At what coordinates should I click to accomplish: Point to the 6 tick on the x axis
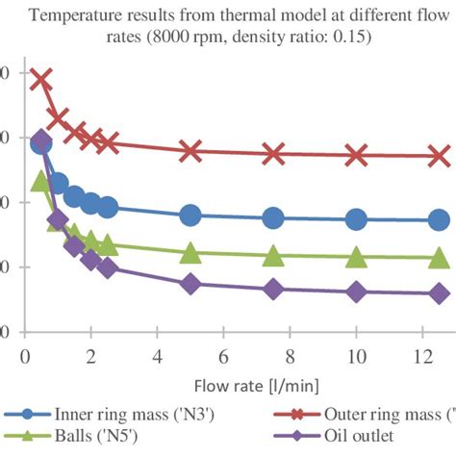(223, 356)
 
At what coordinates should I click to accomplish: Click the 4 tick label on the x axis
(157, 356)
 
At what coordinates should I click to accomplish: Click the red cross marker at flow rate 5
(190, 150)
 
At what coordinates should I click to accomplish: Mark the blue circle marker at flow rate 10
(357, 219)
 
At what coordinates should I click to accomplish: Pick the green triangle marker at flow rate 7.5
(273, 256)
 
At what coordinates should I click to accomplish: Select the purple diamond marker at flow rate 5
(190, 284)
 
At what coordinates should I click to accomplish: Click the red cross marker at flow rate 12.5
(440, 155)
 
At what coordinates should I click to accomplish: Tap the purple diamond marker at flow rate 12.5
(440, 293)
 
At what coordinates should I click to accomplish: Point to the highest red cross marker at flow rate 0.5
(41, 79)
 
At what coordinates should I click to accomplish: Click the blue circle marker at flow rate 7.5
(273, 218)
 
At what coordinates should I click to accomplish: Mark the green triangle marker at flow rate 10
(357, 258)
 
